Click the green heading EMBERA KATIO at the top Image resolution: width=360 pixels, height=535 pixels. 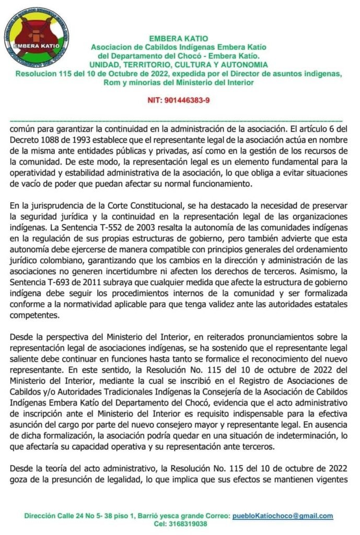pyautogui.click(x=178, y=38)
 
